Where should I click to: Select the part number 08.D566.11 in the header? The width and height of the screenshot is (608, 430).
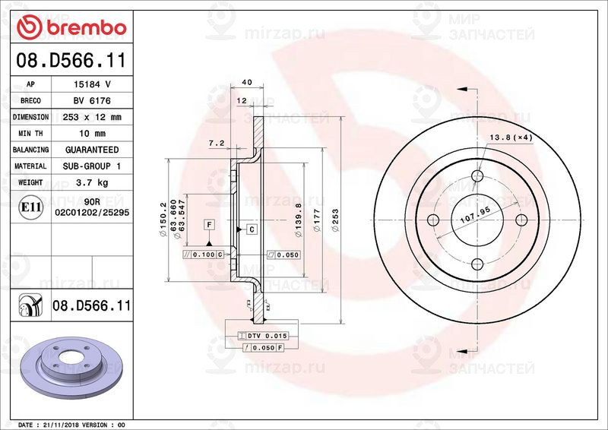[x=68, y=60]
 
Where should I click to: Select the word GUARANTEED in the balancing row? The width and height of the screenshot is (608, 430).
[x=91, y=150]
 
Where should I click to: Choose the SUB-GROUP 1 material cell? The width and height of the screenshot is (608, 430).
[x=91, y=166]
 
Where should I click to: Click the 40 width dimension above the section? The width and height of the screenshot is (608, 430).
[x=246, y=82]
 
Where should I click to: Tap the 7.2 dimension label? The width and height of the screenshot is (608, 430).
[x=215, y=143]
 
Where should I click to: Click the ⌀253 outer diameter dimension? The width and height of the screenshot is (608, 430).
[x=335, y=220]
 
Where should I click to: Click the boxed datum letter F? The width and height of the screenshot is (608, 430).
[x=208, y=224]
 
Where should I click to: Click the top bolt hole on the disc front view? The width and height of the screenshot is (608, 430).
[x=477, y=177]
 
